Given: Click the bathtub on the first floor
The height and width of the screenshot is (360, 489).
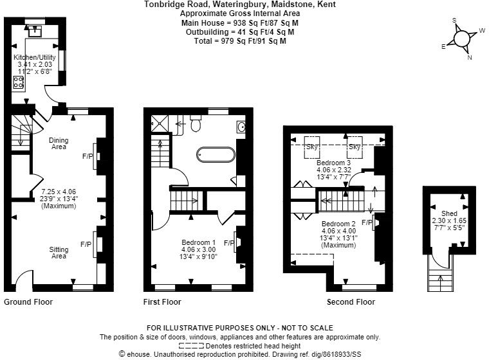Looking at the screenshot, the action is (216, 154).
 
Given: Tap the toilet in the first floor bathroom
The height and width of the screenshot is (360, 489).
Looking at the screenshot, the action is (196, 123).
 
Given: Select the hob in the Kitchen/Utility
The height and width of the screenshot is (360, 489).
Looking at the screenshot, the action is (19, 82).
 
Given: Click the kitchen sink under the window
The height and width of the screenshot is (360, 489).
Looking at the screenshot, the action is (35, 32).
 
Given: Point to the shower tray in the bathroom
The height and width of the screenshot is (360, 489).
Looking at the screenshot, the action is (160, 123).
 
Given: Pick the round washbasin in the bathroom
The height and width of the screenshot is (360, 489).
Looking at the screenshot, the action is (241, 127).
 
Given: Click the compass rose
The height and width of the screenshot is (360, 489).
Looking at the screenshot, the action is (462, 39).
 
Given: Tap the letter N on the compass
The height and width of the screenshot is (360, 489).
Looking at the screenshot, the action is (470, 57).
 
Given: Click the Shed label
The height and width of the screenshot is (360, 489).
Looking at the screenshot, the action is (449, 213).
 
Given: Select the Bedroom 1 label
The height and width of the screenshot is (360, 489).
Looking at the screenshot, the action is (198, 242).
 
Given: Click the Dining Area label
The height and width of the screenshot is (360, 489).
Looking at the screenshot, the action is (59, 143).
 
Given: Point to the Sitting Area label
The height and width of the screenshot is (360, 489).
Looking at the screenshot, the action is (59, 253).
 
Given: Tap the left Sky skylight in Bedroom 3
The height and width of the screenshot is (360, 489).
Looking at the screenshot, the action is (312, 147).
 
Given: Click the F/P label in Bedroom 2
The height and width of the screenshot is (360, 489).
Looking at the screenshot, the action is (367, 222).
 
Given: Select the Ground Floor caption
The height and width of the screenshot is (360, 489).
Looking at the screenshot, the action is (28, 301).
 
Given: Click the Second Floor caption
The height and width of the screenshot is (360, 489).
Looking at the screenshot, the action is (351, 301).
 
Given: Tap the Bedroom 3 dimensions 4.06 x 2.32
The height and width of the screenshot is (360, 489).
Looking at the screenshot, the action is (334, 170).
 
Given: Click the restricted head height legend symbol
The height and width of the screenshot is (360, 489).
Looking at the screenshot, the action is (191, 346).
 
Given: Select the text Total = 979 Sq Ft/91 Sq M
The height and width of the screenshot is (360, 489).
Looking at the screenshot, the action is (240, 41).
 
